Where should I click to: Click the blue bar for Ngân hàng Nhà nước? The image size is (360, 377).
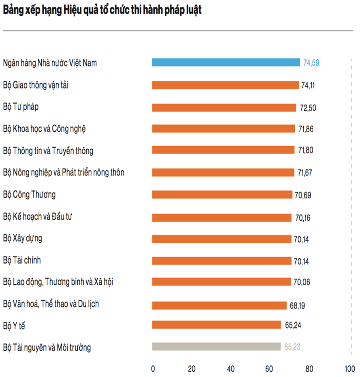pyautogui.click(x=226, y=62)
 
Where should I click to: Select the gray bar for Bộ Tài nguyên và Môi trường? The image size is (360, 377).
pyautogui.click(x=216, y=347)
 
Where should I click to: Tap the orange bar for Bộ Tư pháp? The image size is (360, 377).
pyautogui.click(x=224, y=107)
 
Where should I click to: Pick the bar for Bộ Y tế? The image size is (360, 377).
pyautogui.click(x=216, y=325)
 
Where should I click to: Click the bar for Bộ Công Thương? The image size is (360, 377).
pyautogui.click(x=222, y=194)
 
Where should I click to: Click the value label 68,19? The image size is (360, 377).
pyautogui.click(x=297, y=304)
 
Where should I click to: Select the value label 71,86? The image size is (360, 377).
pyautogui.click(x=305, y=129)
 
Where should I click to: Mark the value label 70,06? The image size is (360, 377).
pyautogui.click(x=302, y=282)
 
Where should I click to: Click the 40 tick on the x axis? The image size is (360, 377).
pyautogui.click(x=231, y=369)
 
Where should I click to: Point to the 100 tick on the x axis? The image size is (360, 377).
pyautogui.click(x=349, y=369)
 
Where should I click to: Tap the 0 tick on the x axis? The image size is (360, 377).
pyautogui.click(x=153, y=369)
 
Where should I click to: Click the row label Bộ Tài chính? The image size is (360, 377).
pyautogui.click(x=22, y=260)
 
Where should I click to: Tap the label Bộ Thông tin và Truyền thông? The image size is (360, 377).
pyautogui.click(x=48, y=151)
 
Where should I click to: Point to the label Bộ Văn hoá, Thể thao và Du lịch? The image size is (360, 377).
pyautogui.click(x=51, y=303)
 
